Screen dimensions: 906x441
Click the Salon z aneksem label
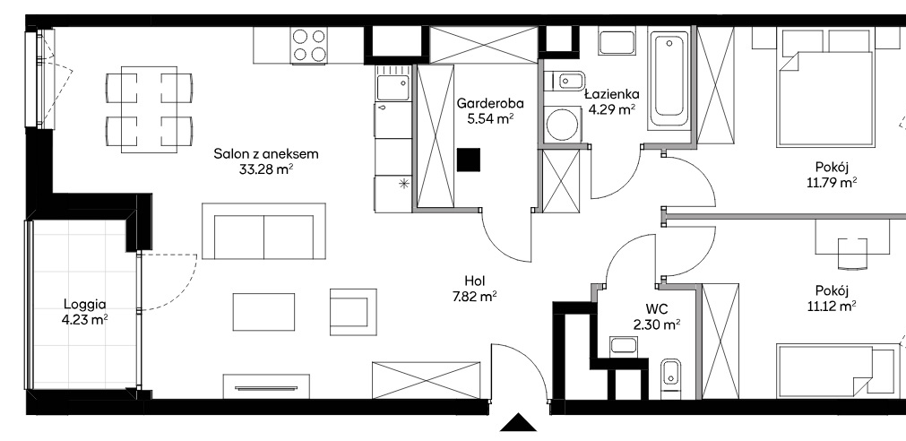pos(266,154)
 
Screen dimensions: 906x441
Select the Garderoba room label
pos(490,104)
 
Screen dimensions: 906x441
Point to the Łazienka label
pos(611,93)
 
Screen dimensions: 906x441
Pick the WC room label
pos(655,309)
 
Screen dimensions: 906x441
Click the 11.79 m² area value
pos(832,183)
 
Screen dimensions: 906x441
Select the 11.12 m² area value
pos(832,306)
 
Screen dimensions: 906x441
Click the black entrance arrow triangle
pos(518,423)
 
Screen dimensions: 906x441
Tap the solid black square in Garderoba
pos(468,160)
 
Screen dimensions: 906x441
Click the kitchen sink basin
pos(393,87)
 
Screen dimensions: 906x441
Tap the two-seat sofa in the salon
pos(264,231)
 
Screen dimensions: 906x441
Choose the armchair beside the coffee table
pos(354,312)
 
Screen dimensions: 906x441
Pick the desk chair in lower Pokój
pos(853,254)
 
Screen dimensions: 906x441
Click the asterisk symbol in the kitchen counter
pos(403,185)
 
